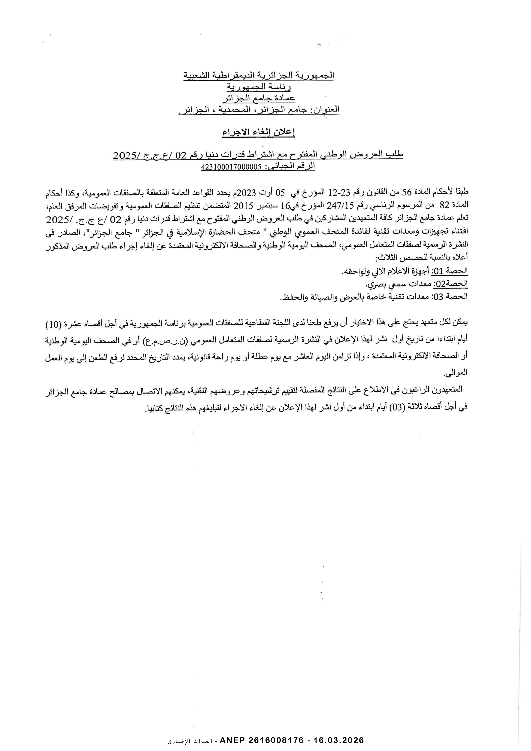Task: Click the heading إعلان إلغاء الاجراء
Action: [258, 133]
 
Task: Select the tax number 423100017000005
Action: [232, 167]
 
